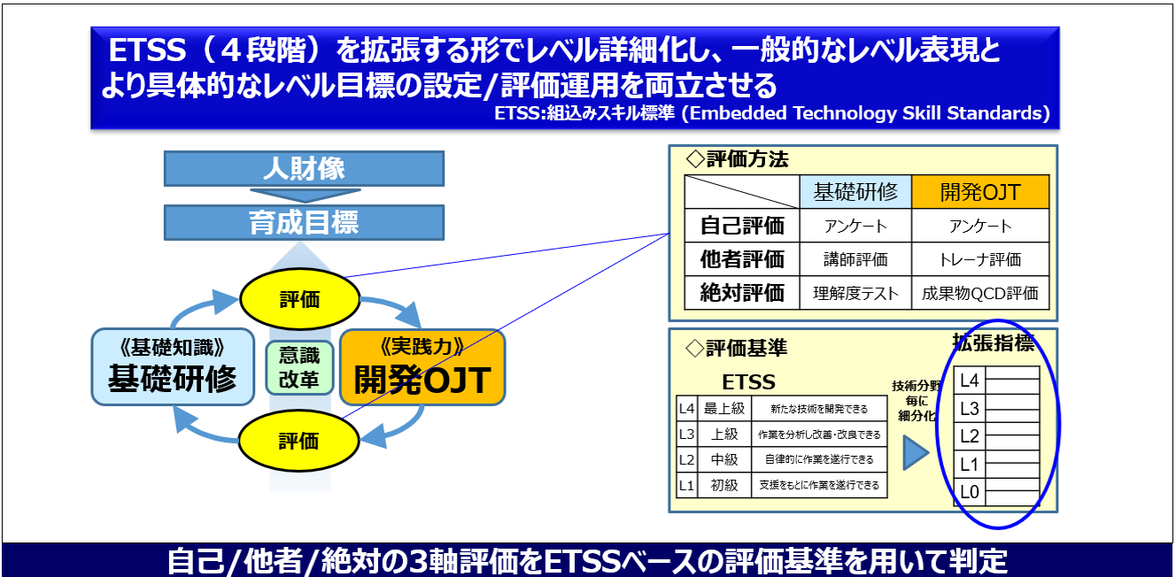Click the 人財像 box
304,169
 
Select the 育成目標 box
304,222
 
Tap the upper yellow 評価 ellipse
299,299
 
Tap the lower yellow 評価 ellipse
299,440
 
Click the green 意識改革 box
299,368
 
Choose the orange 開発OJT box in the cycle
422,367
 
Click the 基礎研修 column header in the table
855,192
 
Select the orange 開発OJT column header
979,192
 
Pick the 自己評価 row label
742,226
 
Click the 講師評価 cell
855,259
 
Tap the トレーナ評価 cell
979,259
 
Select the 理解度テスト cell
855,293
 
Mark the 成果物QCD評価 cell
979,293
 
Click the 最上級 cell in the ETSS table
723,409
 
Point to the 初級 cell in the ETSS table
723,485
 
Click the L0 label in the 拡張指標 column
970,492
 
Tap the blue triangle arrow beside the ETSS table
915,453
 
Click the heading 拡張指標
993,342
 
